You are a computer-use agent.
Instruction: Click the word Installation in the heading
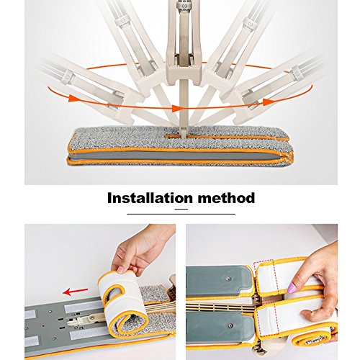pyautogui.click(x=150, y=198)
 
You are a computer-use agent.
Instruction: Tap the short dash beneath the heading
pyautogui.click(x=181, y=209)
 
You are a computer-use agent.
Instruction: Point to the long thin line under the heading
pyautogui.click(x=181, y=214)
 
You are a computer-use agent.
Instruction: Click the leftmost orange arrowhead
pyautogui.click(x=73, y=98)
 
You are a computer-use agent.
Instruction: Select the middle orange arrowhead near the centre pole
pyautogui.click(x=177, y=109)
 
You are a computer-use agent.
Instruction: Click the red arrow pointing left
pyautogui.click(x=75, y=292)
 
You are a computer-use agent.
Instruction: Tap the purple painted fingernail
pyautogui.click(x=292, y=288)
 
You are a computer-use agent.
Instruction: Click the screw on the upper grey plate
pyautogui.click(x=229, y=279)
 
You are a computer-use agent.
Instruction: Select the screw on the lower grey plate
pyautogui.click(x=230, y=325)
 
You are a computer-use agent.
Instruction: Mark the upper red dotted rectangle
pyautogui.click(x=266, y=279)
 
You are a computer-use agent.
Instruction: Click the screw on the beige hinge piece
pyautogui.click(x=91, y=318)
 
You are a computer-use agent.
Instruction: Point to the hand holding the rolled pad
pyautogui.click(x=142, y=250)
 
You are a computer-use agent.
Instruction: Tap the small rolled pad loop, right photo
pyautogui.click(x=310, y=337)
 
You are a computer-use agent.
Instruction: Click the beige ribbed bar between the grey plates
pyautogui.click(x=221, y=307)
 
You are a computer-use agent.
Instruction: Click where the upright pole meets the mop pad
pyautogui.click(x=184, y=136)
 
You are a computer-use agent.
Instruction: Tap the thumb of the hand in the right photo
pyautogui.click(x=312, y=315)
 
